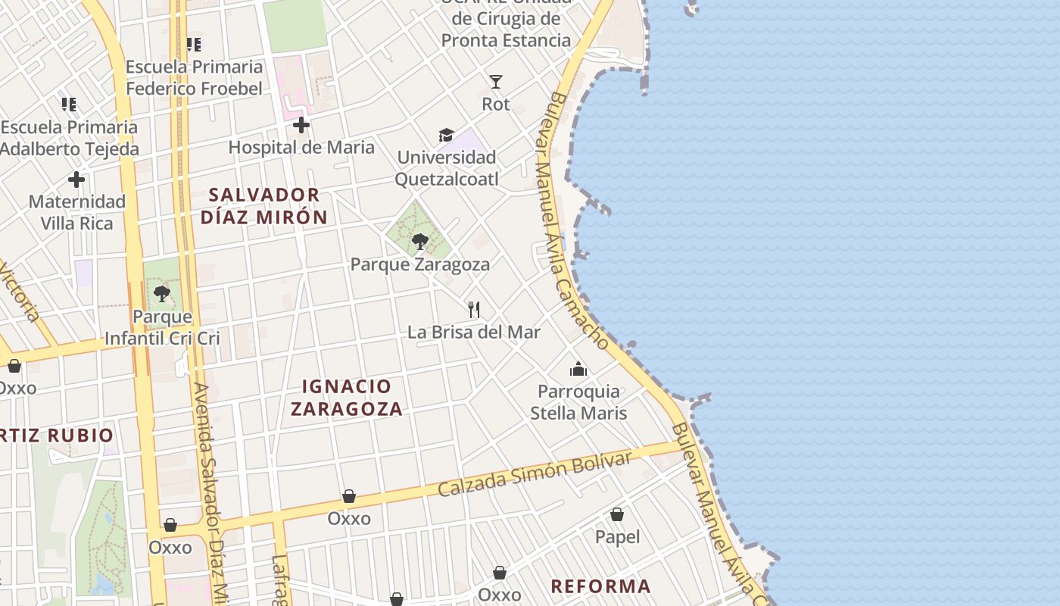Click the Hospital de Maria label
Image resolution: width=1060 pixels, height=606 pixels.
click(301, 147)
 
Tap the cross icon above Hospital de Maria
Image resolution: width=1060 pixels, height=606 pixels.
click(301, 125)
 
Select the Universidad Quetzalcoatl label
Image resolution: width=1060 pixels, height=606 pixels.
click(447, 168)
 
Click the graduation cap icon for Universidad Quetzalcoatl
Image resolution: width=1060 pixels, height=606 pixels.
click(446, 136)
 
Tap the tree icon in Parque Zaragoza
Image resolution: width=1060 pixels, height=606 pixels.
click(419, 242)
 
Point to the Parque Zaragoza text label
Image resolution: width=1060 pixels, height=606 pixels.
click(419, 264)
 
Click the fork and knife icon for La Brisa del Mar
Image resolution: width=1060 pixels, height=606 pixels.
click(474, 309)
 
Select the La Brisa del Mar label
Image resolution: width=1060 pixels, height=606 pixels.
click(474, 332)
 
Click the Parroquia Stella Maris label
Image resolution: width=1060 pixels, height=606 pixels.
click(578, 402)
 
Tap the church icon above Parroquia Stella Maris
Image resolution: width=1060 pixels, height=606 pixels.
click(578, 369)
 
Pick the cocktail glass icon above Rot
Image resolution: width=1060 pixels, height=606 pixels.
click(496, 82)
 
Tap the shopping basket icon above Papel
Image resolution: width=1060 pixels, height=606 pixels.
click(617, 515)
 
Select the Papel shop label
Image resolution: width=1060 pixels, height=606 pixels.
click(617, 537)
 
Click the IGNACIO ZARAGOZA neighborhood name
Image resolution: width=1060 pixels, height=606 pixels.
click(346, 398)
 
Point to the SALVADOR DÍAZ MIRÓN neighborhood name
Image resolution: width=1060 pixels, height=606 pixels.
click(264, 206)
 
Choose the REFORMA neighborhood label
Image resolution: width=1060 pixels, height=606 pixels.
click(600, 586)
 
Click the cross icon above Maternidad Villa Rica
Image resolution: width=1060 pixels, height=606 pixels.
click(76, 180)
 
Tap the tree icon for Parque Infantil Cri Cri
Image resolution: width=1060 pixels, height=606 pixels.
click(161, 293)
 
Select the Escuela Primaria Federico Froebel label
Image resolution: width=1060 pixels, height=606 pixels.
click(194, 77)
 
